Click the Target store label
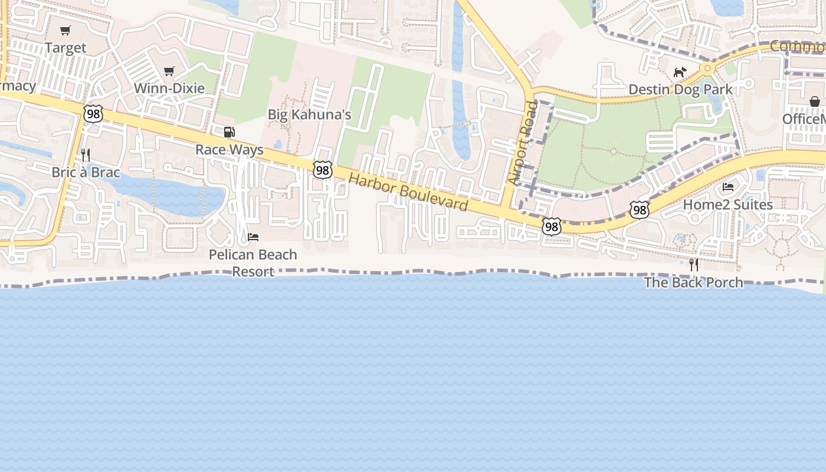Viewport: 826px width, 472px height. pyautogui.click(x=65, y=48)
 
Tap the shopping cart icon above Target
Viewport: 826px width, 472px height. pyautogui.click(x=65, y=31)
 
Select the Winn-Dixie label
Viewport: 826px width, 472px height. pyautogui.click(x=169, y=88)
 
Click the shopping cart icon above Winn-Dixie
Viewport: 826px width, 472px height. pyautogui.click(x=169, y=71)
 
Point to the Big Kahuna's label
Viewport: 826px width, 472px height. pyautogui.click(x=310, y=114)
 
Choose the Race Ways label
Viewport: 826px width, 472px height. pyautogui.click(x=230, y=150)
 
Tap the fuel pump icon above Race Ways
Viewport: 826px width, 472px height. pyautogui.click(x=230, y=132)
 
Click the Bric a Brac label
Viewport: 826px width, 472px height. pyautogui.click(x=86, y=173)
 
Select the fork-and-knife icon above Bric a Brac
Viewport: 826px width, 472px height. pyautogui.click(x=86, y=155)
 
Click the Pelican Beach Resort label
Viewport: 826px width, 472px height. pyautogui.click(x=253, y=263)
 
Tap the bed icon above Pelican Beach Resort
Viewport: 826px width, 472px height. pyautogui.click(x=253, y=237)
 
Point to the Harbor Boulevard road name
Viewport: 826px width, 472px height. pyautogui.click(x=409, y=192)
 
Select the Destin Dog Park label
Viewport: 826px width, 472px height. pyautogui.click(x=680, y=90)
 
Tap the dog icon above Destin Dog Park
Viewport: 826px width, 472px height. pyautogui.click(x=680, y=72)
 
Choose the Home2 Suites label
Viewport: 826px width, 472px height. pyautogui.click(x=728, y=205)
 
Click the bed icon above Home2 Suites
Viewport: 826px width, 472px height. pyautogui.click(x=728, y=187)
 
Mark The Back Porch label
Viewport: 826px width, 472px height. pyautogui.click(x=693, y=283)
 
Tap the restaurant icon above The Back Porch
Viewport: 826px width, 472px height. pyautogui.click(x=694, y=265)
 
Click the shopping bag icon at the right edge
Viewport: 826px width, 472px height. pyautogui.click(x=815, y=101)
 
